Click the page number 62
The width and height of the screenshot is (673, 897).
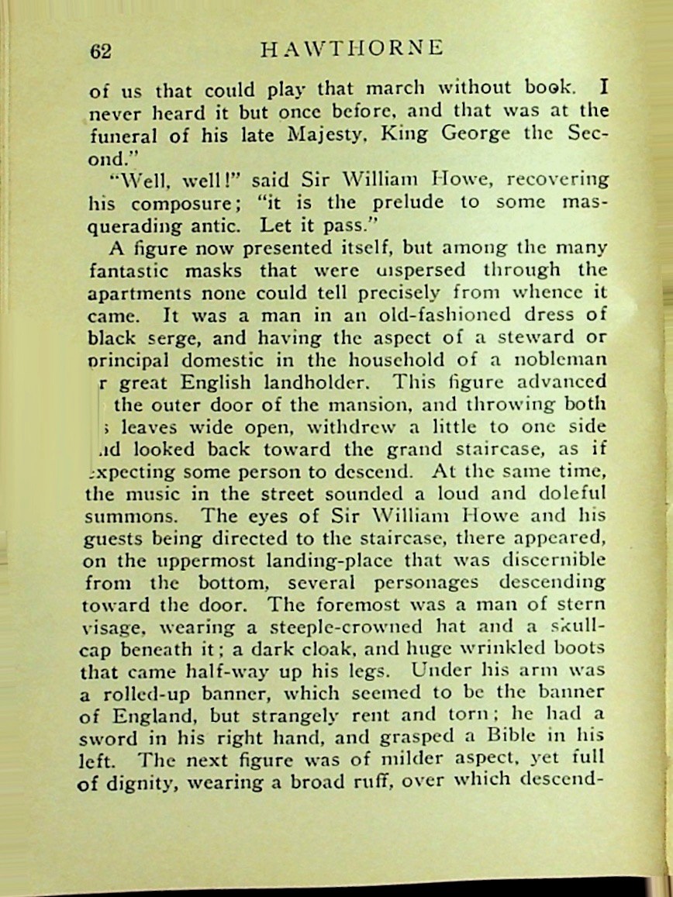[101, 51]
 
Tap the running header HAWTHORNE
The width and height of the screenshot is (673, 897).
[353, 49]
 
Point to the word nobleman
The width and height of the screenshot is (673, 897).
[564, 361]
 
